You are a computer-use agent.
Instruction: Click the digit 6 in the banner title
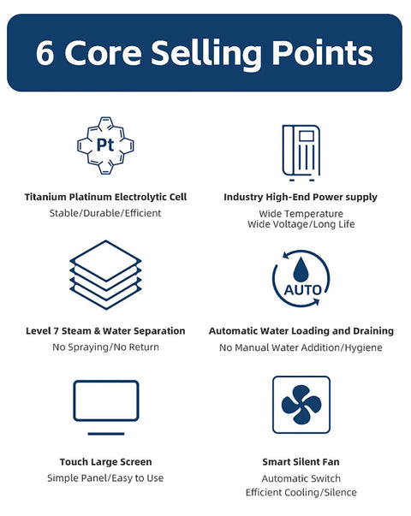coord(45,53)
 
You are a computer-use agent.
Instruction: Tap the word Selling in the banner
coord(206,54)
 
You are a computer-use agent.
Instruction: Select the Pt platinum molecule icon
coord(105,145)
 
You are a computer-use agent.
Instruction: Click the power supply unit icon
coord(301,153)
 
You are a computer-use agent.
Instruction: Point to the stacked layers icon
coord(105,275)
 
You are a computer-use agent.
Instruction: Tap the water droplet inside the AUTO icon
coord(301,270)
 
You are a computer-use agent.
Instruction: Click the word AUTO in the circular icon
coord(302,290)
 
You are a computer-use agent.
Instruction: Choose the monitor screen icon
coord(106,407)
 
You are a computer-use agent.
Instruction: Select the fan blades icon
coord(301,405)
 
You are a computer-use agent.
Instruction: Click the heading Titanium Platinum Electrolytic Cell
coord(105,197)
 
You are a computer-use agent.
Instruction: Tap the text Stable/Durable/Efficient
coord(105,213)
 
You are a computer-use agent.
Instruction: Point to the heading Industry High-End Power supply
coord(301,197)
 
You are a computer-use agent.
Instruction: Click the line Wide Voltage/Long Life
coord(301,224)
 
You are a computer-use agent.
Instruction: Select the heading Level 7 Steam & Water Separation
coord(105,330)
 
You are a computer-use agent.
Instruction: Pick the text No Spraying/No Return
coord(105,347)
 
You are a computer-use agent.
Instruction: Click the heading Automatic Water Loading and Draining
coord(301,330)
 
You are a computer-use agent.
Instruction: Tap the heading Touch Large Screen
coord(105,462)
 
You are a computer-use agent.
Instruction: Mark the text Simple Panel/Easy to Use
coord(105,478)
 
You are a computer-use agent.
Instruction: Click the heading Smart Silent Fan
coord(301,462)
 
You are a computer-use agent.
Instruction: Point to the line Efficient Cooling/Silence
coord(301,493)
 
